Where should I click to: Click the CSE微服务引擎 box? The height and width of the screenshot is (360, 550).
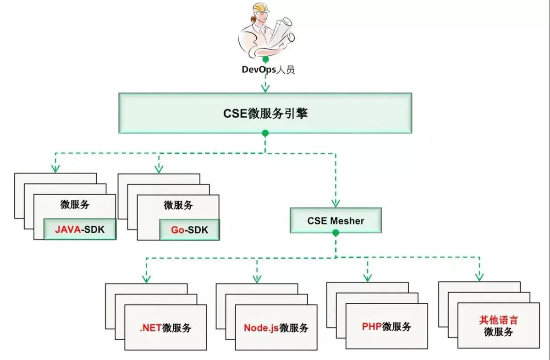point(265,113)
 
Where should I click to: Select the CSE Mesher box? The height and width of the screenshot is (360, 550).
point(335,220)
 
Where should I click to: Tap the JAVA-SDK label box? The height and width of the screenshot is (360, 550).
point(80,229)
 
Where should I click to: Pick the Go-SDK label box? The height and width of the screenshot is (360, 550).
point(189,229)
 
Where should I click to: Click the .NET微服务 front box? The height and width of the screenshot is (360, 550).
point(165,327)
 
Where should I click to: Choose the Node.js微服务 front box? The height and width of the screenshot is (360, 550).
point(276,327)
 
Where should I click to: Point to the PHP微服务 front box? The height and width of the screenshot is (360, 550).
point(387,326)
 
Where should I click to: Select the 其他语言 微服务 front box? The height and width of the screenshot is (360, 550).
point(499,325)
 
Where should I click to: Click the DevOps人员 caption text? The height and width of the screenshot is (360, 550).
point(268,70)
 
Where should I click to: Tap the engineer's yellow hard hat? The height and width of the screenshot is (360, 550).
point(261,8)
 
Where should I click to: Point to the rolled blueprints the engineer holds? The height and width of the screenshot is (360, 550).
point(282,32)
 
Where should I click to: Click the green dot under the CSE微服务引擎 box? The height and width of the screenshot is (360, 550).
point(265,133)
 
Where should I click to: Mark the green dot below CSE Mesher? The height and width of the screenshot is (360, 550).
point(335,233)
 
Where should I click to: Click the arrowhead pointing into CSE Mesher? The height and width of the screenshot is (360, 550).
point(335,203)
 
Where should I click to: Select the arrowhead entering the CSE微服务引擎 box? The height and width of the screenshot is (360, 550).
point(265,88)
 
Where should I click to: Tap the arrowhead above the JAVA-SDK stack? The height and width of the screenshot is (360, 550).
point(55,169)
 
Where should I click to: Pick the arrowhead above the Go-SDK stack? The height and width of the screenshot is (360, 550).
point(159,169)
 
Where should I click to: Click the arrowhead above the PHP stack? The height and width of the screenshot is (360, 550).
point(368,278)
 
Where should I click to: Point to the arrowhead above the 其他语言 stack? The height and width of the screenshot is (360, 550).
point(479,277)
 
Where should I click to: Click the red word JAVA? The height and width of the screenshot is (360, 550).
point(68,229)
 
